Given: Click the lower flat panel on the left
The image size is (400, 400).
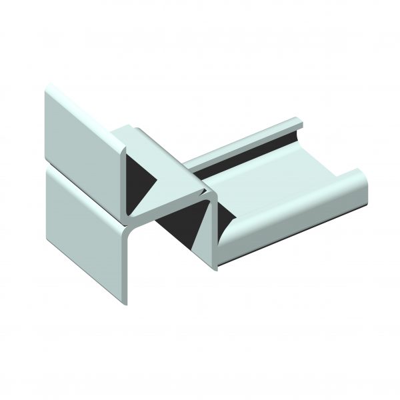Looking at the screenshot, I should point(83,227).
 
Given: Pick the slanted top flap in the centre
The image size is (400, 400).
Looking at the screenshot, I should point(163,160).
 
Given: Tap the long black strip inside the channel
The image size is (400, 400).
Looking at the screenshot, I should point(247,157).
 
